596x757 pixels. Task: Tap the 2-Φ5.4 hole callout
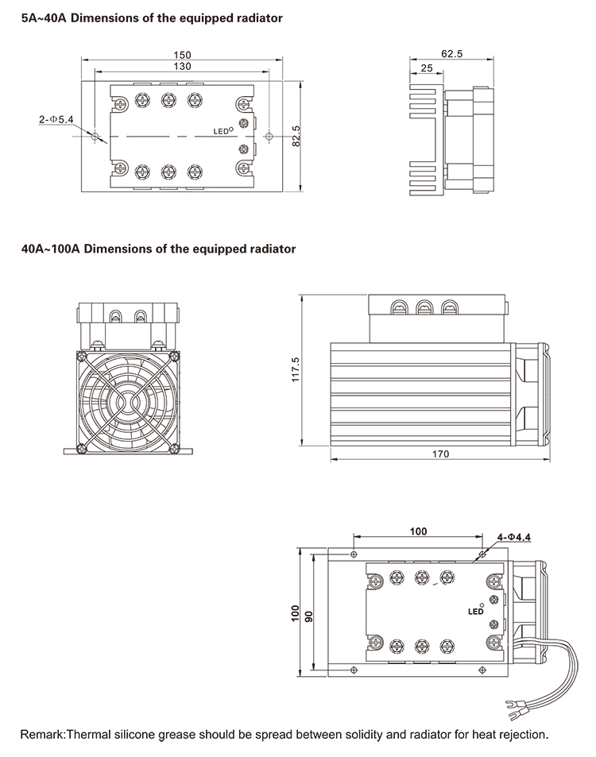[x=56, y=119]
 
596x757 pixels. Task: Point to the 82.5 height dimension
[x=296, y=137]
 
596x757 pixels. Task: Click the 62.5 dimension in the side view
[x=451, y=54]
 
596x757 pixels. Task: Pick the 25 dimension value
[x=426, y=69]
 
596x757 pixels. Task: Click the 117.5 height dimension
[x=295, y=369]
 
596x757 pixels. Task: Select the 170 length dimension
[x=440, y=454]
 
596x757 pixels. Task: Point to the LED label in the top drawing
[x=221, y=131]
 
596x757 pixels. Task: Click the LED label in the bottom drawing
[x=475, y=612]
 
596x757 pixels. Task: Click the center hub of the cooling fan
[x=126, y=400]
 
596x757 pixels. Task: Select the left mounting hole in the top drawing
[x=95, y=137]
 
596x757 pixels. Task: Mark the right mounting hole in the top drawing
[x=269, y=137]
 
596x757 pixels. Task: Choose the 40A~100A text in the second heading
[x=50, y=249]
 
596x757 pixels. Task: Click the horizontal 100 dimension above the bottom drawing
[x=418, y=531]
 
